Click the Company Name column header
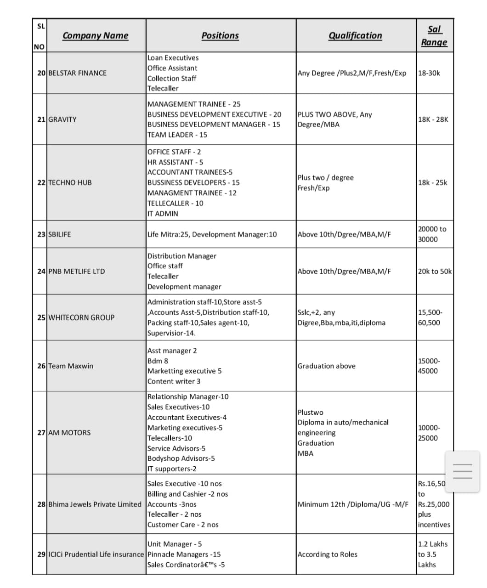point(95,35)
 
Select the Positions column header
point(220,35)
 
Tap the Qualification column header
point(355,35)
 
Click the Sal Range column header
point(434,35)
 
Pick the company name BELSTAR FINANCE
point(77,73)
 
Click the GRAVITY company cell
point(62,119)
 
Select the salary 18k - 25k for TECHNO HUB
point(432,182)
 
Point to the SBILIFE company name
point(60,234)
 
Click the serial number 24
point(41,271)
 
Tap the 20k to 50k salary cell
point(435,271)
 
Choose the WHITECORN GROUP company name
point(81,317)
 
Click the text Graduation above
point(326,366)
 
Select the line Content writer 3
point(174,381)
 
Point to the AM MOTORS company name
point(69,433)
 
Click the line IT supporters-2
point(172,469)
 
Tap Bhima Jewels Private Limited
point(95,504)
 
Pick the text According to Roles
point(327,554)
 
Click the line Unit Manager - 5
point(175,544)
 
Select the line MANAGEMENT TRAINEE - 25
point(194,104)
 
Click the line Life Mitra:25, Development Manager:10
point(212,234)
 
